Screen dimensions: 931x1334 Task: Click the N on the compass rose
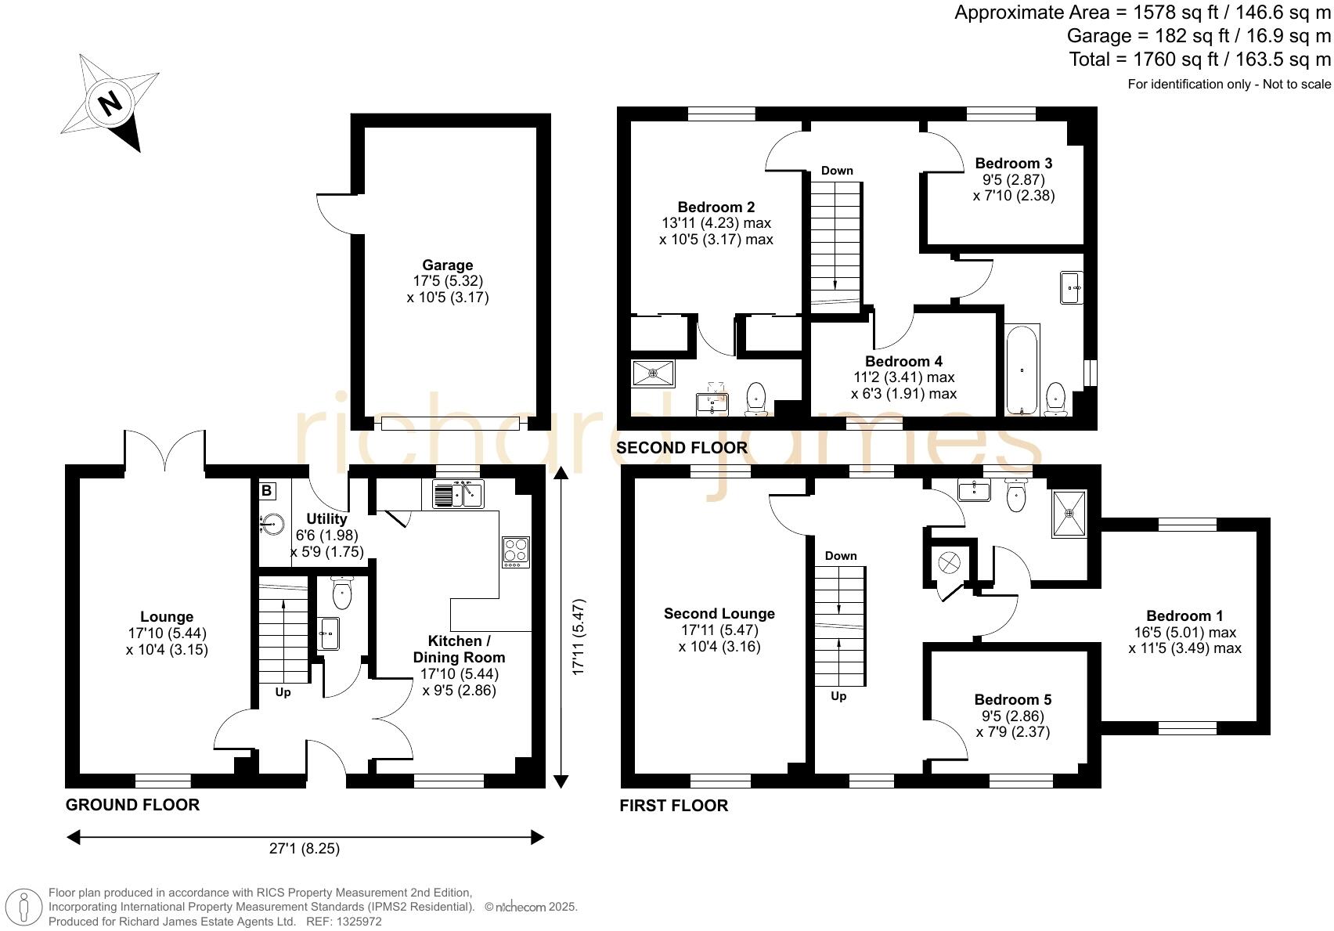click(x=110, y=102)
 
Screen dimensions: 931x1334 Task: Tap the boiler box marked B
click(x=267, y=491)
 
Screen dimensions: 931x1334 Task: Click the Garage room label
click(x=447, y=265)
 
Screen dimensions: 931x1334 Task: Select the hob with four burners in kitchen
click(x=515, y=551)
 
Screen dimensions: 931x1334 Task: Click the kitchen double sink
click(x=458, y=495)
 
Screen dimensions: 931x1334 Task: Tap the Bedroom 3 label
click(x=1013, y=164)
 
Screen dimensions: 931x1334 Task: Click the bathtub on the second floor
click(x=1021, y=369)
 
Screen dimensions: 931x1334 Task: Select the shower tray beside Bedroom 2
click(x=653, y=373)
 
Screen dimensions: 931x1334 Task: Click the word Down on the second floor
click(x=837, y=171)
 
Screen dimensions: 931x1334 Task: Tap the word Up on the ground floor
click(x=283, y=692)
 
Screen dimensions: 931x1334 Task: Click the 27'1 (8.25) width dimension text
click(x=305, y=848)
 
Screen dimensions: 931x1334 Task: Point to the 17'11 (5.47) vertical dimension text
click(x=579, y=637)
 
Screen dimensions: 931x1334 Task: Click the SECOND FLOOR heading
click(x=681, y=448)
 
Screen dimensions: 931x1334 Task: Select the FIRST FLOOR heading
click(x=673, y=806)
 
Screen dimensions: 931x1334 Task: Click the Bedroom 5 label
click(x=1012, y=700)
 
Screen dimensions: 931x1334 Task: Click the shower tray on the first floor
click(x=1069, y=514)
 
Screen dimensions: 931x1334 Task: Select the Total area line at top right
click(x=1199, y=60)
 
